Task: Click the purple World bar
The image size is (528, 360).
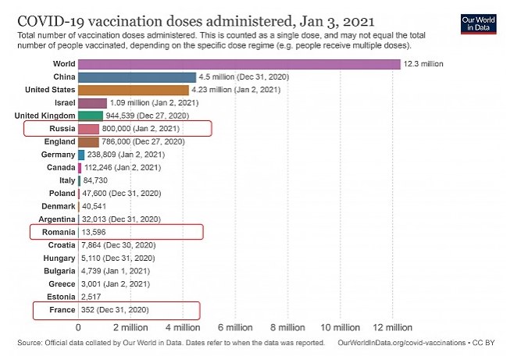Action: coord(238,64)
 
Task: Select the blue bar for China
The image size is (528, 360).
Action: coord(137,77)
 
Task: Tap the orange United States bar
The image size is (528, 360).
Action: coord(133,90)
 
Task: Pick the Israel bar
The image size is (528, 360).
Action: coord(92,103)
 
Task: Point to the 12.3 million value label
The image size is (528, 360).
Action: coord(423,64)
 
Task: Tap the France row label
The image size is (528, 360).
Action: coord(62,310)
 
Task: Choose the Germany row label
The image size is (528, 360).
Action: coord(57,155)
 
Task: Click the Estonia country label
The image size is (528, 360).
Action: coord(59,297)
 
